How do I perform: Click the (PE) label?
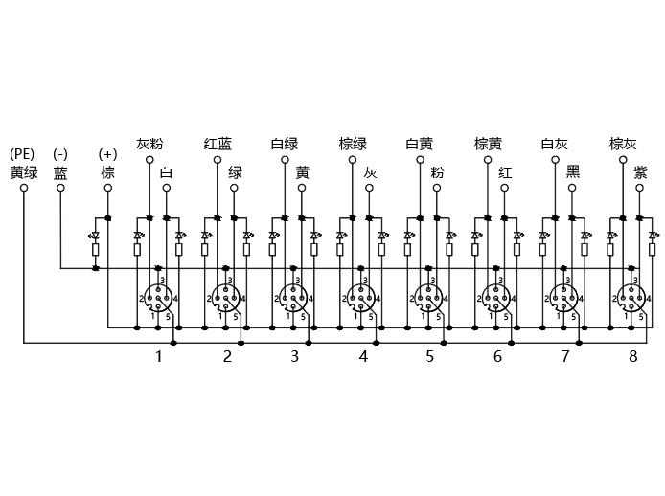click(x=22, y=154)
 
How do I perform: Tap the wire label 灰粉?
click(x=149, y=144)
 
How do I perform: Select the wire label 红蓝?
click(x=218, y=144)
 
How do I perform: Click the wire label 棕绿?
click(x=353, y=144)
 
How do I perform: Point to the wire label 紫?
click(x=640, y=172)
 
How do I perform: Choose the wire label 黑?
click(x=573, y=172)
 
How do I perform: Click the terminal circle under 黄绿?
click(x=24, y=188)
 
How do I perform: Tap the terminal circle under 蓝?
click(x=60, y=188)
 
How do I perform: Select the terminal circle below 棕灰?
click(x=623, y=160)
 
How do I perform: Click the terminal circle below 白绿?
click(x=285, y=160)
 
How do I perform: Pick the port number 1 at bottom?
click(x=159, y=356)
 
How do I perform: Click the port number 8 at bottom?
click(x=632, y=356)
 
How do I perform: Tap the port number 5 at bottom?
click(x=430, y=356)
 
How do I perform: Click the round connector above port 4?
click(x=360, y=298)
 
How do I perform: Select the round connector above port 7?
click(x=563, y=298)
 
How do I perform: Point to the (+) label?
click(x=107, y=154)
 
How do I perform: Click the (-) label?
click(x=60, y=154)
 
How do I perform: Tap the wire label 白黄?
click(x=420, y=144)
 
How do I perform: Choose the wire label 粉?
click(x=437, y=172)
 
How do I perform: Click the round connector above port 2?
click(x=225, y=298)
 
